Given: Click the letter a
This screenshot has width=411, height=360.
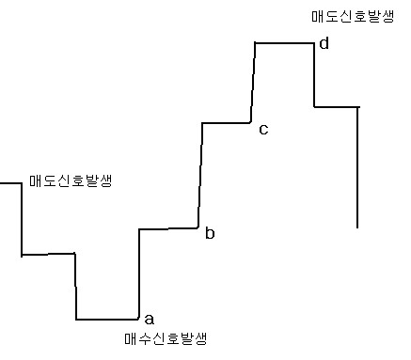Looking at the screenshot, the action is point(150,319).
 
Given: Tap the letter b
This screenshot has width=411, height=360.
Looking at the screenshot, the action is point(210,233).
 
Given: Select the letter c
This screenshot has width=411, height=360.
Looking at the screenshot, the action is point(263,129).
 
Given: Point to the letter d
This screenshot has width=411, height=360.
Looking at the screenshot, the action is point(324,43).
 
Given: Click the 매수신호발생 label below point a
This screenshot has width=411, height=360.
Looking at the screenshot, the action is point(166,338).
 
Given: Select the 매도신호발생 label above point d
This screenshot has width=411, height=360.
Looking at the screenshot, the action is point(353,17).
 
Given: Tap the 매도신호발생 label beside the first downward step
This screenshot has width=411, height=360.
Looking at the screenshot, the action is point(71,180).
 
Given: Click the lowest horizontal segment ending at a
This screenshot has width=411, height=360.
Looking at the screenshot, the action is point(107,320).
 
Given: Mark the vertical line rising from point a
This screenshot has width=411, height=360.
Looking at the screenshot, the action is point(139,274).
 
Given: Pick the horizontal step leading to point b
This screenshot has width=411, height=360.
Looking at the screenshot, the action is point(168,228).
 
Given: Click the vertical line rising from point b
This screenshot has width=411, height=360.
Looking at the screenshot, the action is point(200,176).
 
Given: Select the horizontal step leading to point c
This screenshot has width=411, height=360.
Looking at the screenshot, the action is point(227,123).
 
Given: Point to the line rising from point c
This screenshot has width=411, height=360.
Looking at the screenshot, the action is point(253,83).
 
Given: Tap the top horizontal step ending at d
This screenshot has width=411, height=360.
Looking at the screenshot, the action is point(284,43).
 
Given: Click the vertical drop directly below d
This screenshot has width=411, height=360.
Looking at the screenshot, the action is point(314,75).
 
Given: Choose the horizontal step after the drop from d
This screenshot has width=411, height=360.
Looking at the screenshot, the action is point(337,107).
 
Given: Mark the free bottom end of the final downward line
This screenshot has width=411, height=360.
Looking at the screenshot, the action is point(357,227).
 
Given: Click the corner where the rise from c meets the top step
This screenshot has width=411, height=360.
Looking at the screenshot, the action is point(255,43).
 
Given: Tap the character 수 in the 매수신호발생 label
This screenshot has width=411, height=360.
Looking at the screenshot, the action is point(145,338).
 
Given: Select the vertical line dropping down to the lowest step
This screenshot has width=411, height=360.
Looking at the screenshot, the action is point(75,287).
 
